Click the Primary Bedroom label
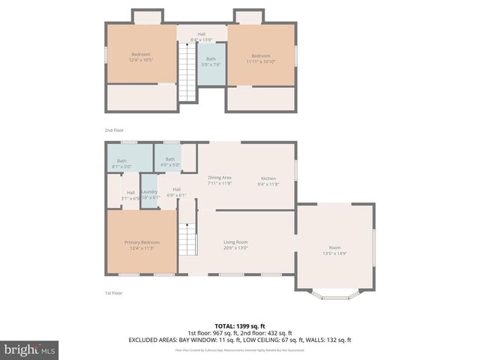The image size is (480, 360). point(142,244)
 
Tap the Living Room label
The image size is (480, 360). point(235,244)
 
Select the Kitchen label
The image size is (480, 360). point(268,180)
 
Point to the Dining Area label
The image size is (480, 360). point(220,180)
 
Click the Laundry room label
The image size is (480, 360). point(148,195)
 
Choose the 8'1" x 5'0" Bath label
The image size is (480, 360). point(121,163)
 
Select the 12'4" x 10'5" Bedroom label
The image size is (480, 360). point(141,57)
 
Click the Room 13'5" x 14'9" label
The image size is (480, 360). point(334,250)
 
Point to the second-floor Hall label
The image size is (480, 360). point(201,36)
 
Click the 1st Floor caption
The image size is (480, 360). point(112,293)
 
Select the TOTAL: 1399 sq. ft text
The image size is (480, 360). point(240,325)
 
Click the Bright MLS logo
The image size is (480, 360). point(30,349)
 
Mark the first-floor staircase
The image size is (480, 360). point(187,238)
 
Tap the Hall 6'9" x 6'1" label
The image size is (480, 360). point(176,192)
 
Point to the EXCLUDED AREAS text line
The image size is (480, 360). point(240,340)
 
